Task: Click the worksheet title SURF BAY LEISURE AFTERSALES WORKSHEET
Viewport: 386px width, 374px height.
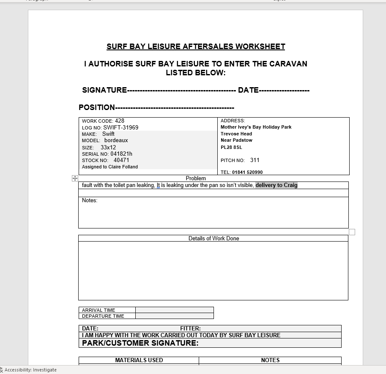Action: pyautogui.click(x=196, y=47)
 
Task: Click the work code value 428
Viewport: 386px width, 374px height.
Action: pyautogui.click(x=120, y=121)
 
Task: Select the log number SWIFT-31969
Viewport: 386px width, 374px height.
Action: pyautogui.click(x=120, y=127)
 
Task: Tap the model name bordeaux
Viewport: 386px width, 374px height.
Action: pyautogui.click(x=116, y=140)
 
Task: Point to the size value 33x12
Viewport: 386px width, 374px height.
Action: pyautogui.click(x=108, y=147)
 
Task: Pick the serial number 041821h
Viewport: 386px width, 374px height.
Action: pyautogui.click(x=121, y=154)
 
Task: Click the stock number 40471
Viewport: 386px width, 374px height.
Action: pyautogui.click(x=121, y=160)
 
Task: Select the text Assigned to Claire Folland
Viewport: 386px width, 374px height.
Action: pyautogui.click(x=110, y=167)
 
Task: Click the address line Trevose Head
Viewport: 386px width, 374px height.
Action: pyautogui.click(x=236, y=134)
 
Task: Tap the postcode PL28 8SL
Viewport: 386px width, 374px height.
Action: pyautogui.click(x=231, y=147)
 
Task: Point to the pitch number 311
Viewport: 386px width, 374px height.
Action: pyautogui.click(x=255, y=160)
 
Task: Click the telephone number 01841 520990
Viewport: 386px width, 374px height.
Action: pyautogui.click(x=247, y=172)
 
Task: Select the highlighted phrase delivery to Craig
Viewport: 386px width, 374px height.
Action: pyautogui.click(x=276, y=185)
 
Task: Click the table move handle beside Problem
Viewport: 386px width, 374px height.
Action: pyautogui.click(x=75, y=179)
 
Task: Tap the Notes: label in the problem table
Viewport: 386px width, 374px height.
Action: pyautogui.click(x=90, y=201)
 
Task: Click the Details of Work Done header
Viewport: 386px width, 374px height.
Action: pyautogui.click(x=214, y=239)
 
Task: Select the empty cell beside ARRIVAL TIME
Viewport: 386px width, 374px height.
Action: pyautogui.click(x=174, y=310)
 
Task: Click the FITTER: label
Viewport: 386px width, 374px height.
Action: pyautogui.click(x=190, y=328)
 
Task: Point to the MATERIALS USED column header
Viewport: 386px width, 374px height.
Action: pyautogui.click(x=139, y=360)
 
